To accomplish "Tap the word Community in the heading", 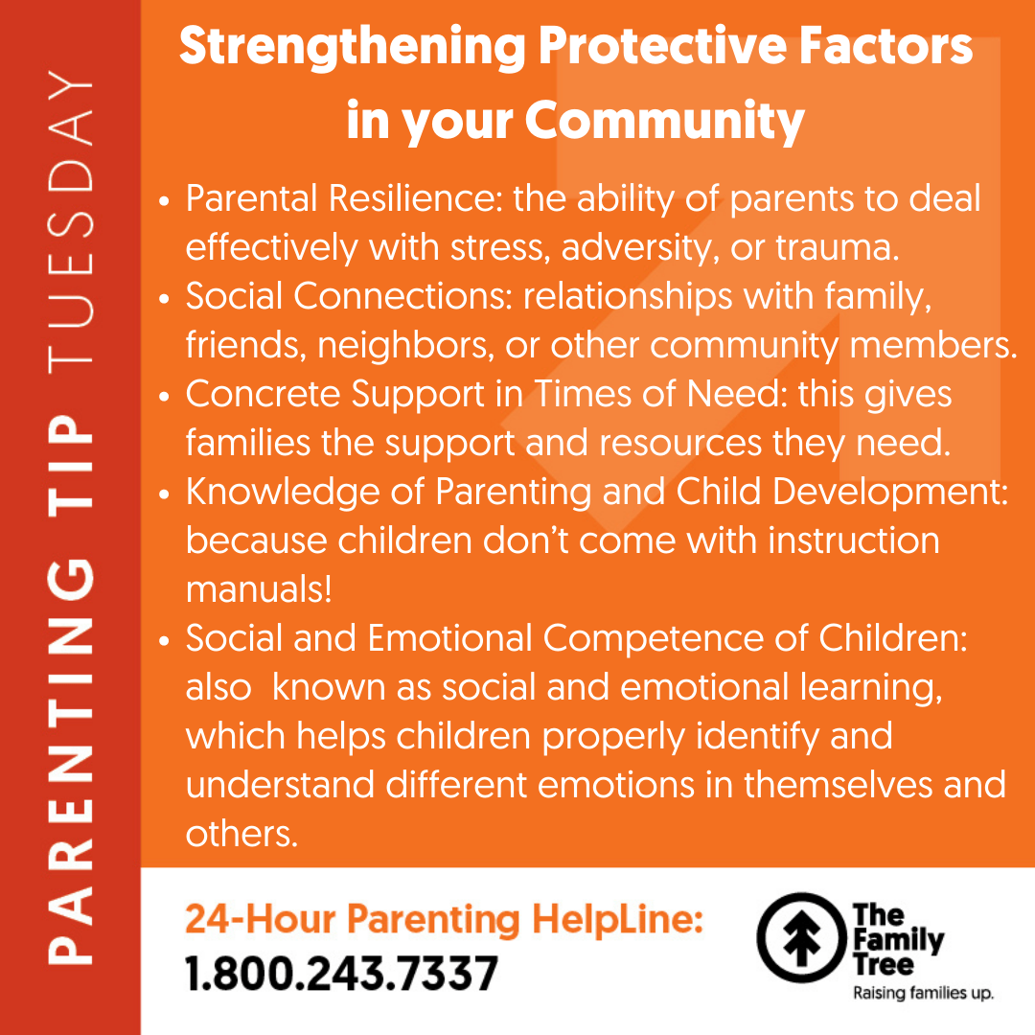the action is [x=665, y=122].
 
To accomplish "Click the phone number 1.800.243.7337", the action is [x=341, y=974].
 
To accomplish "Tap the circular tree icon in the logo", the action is [x=801, y=937].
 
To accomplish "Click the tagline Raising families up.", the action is [x=923, y=994].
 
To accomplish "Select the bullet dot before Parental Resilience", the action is [x=165, y=200].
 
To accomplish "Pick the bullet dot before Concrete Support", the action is [x=165, y=396].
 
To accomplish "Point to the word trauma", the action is [x=837, y=247].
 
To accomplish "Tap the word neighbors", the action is [x=406, y=345].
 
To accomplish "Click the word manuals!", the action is [x=259, y=589].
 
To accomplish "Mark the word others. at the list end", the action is [x=241, y=834].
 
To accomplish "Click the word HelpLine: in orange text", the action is [x=617, y=919].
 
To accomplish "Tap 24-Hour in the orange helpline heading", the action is [x=261, y=919].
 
